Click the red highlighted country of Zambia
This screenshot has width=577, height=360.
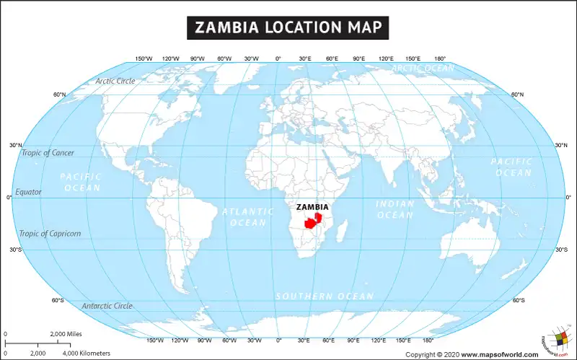click(x=312, y=220)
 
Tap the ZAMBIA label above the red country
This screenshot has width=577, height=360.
click(x=312, y=207)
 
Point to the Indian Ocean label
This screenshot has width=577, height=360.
click(x=395, y=209)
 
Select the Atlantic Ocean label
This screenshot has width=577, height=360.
click(x=247, y=217)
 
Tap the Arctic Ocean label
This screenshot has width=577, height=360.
click(x=423, y=69)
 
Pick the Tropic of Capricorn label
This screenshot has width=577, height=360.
click(x=50, y=234)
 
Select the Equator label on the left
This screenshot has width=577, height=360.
click(x=29, y=193)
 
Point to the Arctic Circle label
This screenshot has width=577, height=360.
click(x=115, y=81)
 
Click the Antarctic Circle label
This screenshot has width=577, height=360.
click(x=107, y=306)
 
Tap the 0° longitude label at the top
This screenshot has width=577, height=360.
click(x=278, y=58)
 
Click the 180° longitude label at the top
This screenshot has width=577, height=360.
click(x=439, y=58)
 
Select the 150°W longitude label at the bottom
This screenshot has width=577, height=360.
click(x=155, y=340)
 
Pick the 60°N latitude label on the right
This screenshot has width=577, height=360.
click(x=518, y=95)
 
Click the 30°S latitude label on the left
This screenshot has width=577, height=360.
click(x=15, y=250)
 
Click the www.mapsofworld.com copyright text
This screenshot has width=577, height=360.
click(x=499, y=354)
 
